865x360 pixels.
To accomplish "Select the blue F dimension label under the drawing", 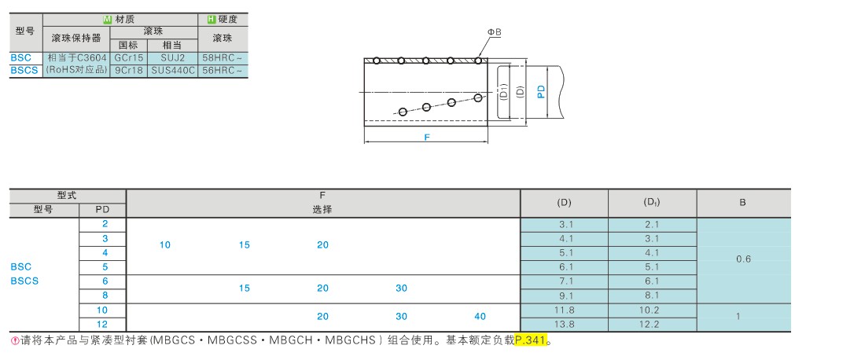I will click(426, 137).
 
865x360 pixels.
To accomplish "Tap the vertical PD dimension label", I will click(541, 91).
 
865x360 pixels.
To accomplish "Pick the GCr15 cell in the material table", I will click(128, 58).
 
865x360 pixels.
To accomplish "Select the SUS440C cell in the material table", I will click(172, 70).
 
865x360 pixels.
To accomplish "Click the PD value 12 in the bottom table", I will click(102, 324).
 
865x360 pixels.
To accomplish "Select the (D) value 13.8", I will click(564, 324).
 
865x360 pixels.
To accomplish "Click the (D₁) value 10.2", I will click(652, 310).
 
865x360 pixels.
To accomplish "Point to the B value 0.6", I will click(743, 259).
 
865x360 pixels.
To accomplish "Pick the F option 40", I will click(480, 316).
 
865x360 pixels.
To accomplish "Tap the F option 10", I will click(165, 244).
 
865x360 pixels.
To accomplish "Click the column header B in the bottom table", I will click(743, 202).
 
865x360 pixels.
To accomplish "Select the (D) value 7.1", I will click(564, 281).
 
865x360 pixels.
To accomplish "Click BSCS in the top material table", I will click(22, 70).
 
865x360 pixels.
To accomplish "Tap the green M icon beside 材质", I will click(108, 19).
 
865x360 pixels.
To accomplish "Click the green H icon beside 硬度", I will click(211, 19).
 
